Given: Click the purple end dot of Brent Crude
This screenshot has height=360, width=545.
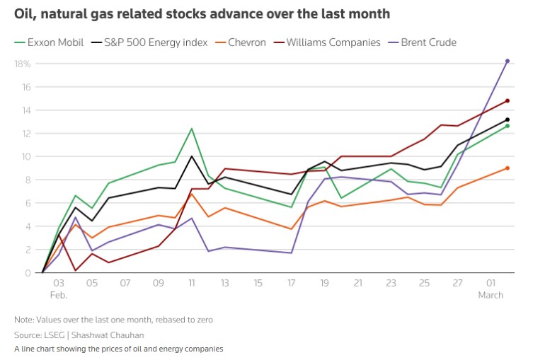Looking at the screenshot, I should click(x=507, y=61).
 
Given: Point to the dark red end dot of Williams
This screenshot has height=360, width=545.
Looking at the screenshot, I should click(x=507, y=100).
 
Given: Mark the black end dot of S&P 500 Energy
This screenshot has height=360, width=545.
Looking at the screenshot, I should click(x=507, y=120).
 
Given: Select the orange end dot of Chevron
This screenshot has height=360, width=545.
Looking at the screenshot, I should click(x=507, y=168).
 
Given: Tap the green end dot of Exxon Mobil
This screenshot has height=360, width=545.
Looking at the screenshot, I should click(x=507, y=126).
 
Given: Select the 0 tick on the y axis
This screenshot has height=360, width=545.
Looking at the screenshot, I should click(x=26, y=273).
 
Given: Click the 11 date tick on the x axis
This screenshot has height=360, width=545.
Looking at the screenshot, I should click(x=192, y=283).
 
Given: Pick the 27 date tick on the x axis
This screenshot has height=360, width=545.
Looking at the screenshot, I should click(x=458, y=283).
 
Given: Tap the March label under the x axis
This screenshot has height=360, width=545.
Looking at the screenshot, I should click(x=490, y=295).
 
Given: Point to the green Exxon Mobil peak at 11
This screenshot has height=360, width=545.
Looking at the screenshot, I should click(x=192, y=129).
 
